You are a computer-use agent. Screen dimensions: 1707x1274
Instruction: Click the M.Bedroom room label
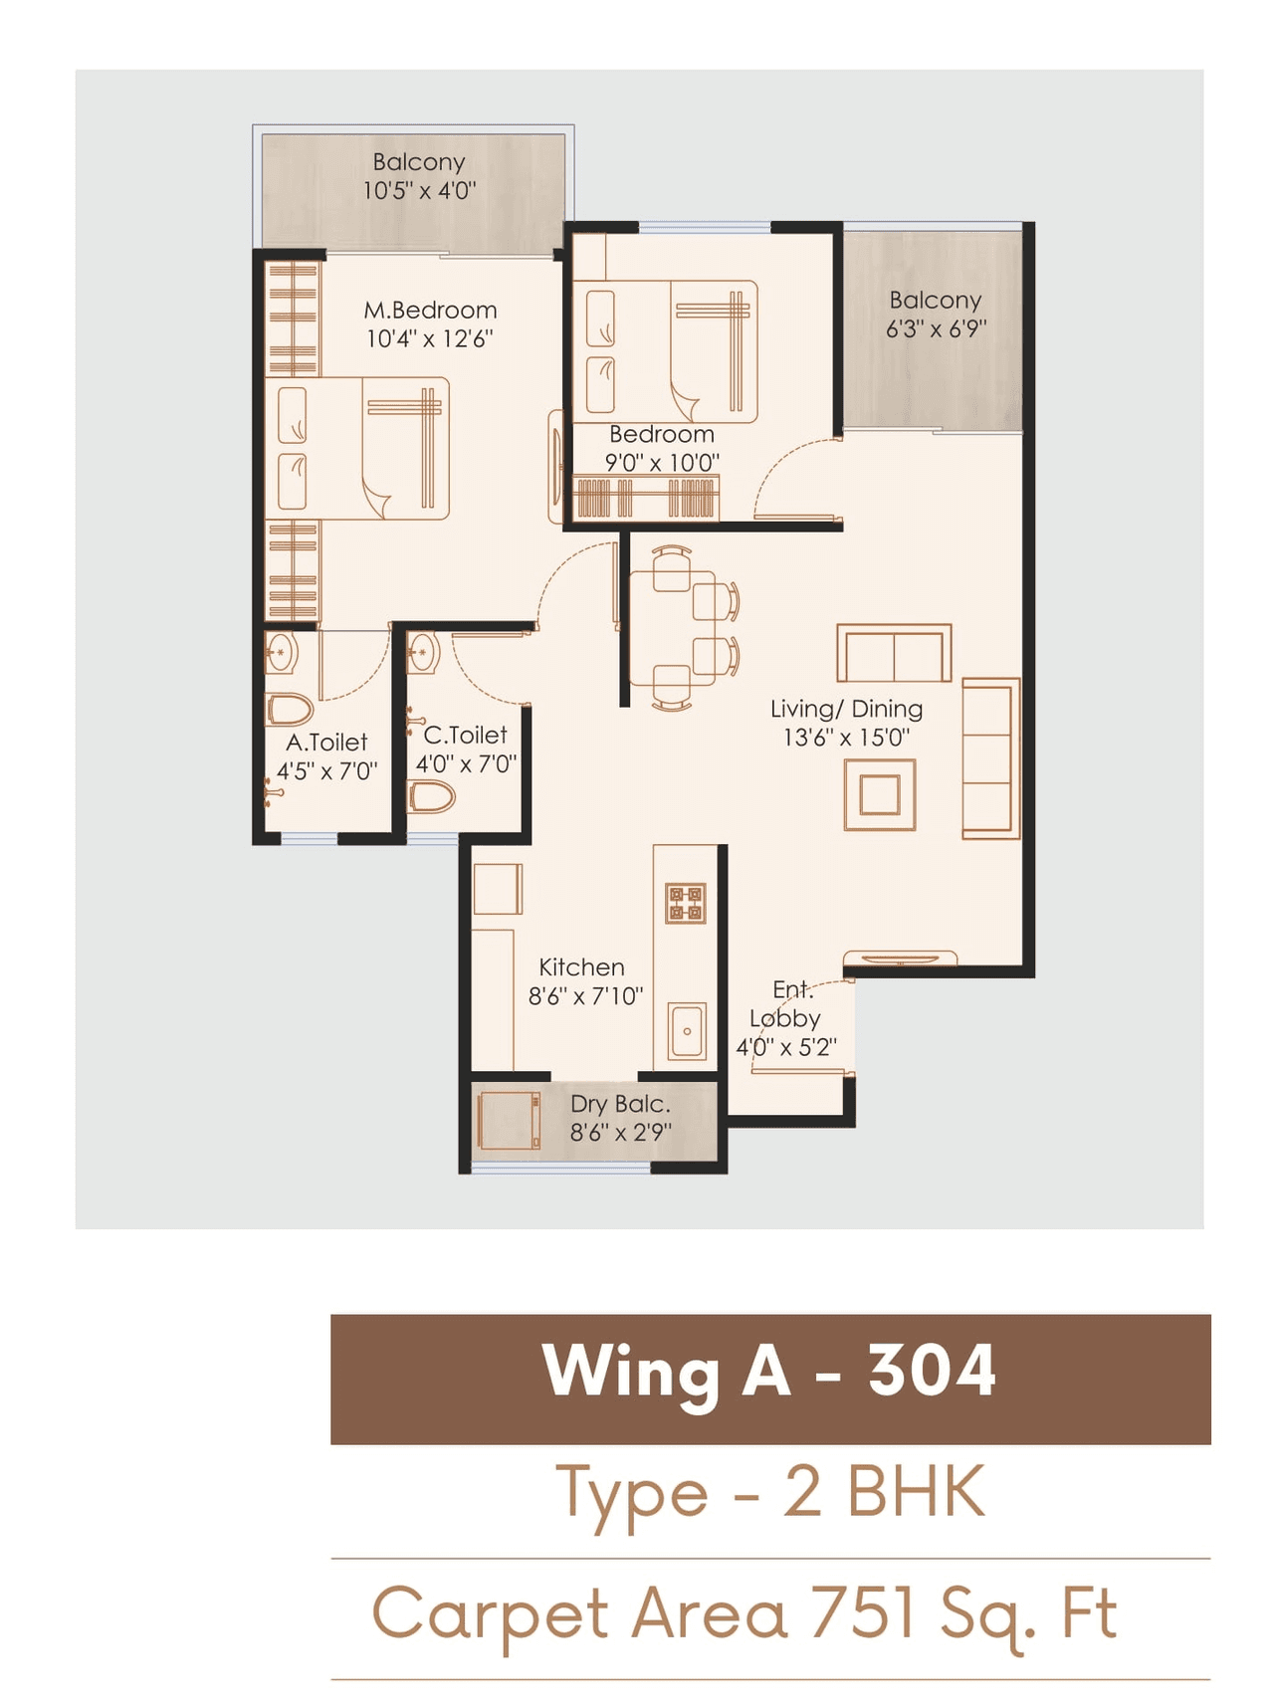(430, 311)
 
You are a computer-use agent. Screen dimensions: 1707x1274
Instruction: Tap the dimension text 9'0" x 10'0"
(662, 463)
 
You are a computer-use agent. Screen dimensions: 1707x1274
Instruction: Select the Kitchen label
(581, 967)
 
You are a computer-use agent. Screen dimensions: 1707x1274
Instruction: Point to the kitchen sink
(687, 1031)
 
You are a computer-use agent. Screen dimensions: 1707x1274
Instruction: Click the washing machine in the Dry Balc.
(509, 1122)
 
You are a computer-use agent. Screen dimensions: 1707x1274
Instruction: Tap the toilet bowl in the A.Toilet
(290, 711)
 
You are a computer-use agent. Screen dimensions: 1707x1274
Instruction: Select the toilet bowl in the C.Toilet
(433, 796)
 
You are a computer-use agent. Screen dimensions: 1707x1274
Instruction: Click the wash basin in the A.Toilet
(281, 655)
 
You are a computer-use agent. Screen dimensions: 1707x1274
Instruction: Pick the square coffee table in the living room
(880, 794)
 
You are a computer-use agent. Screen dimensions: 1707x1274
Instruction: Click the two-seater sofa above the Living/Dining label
(894, 654)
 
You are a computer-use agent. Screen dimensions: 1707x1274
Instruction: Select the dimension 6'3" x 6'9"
(936, 329)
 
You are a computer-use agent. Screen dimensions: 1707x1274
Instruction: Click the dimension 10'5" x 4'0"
(419, 191)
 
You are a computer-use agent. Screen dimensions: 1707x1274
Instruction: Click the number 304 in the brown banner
(932, 1372)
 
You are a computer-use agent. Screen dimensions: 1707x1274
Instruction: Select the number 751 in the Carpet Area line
(862, 1613)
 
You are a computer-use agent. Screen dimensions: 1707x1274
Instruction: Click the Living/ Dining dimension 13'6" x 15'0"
(846, 738)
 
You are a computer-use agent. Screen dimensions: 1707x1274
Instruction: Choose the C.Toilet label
(465, 736)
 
